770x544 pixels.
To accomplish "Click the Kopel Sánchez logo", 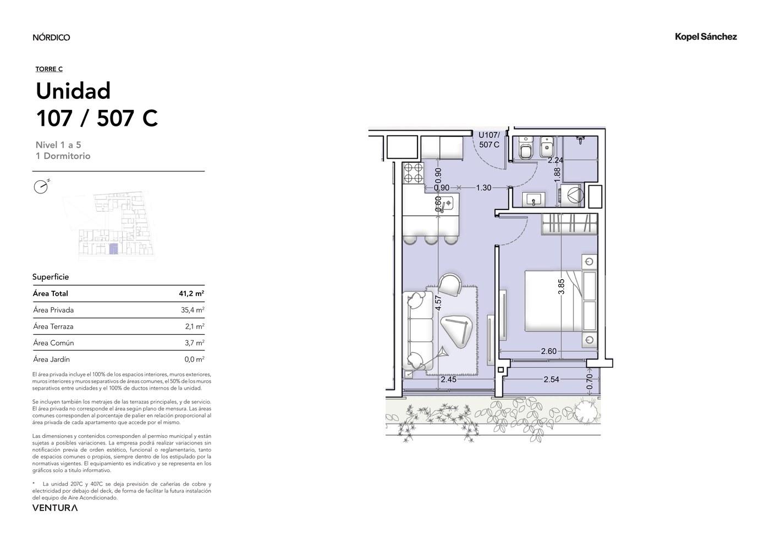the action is click(x=706, y=37).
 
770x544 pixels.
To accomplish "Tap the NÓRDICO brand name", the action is click(x=51, y=37).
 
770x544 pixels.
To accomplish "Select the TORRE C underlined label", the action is click(x=49, y=69).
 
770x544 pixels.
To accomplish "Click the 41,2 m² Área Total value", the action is click(x=191, y=293).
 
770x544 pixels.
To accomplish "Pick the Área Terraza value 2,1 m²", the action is click(x=195, y=326).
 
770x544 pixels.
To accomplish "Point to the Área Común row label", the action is click(x=53, y=343).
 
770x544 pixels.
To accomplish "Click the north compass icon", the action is click(x=41, y=186).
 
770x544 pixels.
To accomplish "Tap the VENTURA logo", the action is click(x=55, y=508).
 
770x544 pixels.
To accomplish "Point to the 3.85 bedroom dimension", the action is click(x=561, y=286).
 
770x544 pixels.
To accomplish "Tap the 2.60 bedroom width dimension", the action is click(x=549, y=351).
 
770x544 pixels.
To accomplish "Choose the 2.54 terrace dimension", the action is click(x=551, y=379).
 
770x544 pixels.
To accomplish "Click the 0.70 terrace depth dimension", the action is click(x=590, y=381).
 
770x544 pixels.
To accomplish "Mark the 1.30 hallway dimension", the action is click(x=483, y=187).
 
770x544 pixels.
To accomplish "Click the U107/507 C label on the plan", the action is click(x=489, y=140).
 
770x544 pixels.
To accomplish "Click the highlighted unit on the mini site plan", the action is click(x=113, y=249).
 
